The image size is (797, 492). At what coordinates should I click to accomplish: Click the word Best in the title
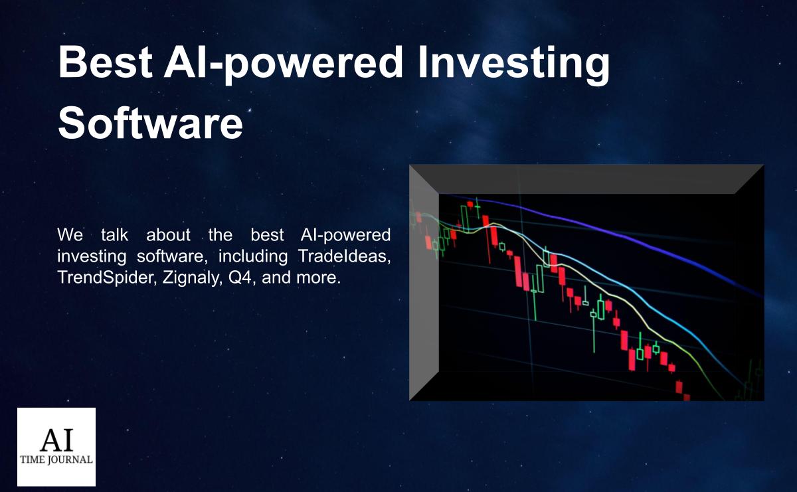click(x=106, y=62)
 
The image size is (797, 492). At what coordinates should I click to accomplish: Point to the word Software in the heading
click(x=151, y=123)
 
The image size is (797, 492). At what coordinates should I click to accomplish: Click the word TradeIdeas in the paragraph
click(x=344, y=256)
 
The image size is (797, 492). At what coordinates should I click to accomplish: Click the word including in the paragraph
click(x=253, y=257)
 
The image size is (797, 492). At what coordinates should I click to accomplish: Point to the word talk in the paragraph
click(x=114, y=235)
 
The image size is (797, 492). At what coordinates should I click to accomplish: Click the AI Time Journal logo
click(x=56, y=447)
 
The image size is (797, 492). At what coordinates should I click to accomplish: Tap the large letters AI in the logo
click(x=57, y=440)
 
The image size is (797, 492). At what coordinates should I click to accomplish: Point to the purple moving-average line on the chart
click(x=605, y=236)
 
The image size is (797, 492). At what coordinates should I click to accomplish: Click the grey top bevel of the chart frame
click(x=586, y=179)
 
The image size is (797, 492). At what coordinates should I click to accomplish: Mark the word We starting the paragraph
click(x=70, y=235)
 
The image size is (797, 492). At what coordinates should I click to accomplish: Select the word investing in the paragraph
click(x=92, y=257)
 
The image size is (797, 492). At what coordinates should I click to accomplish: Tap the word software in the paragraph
click(x=172, y=256)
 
